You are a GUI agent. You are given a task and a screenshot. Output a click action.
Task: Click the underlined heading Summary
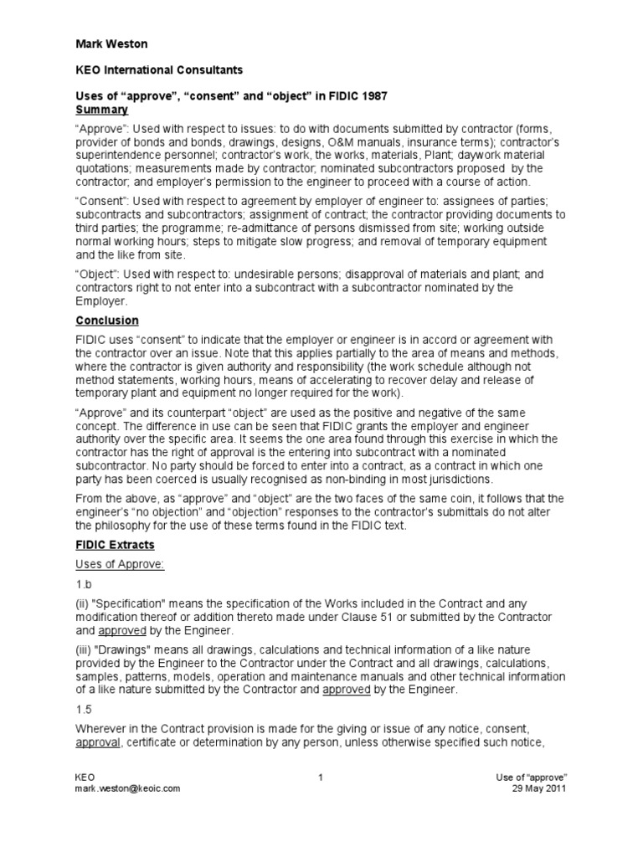pos(101,110)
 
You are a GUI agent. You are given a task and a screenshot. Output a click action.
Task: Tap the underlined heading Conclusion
pos(107,321)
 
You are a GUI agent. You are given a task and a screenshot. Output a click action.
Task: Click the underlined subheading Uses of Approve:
pos(120,565)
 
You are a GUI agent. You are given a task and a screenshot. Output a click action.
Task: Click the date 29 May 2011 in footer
pos(540,788)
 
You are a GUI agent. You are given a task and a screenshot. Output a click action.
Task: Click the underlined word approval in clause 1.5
pos(99,742)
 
